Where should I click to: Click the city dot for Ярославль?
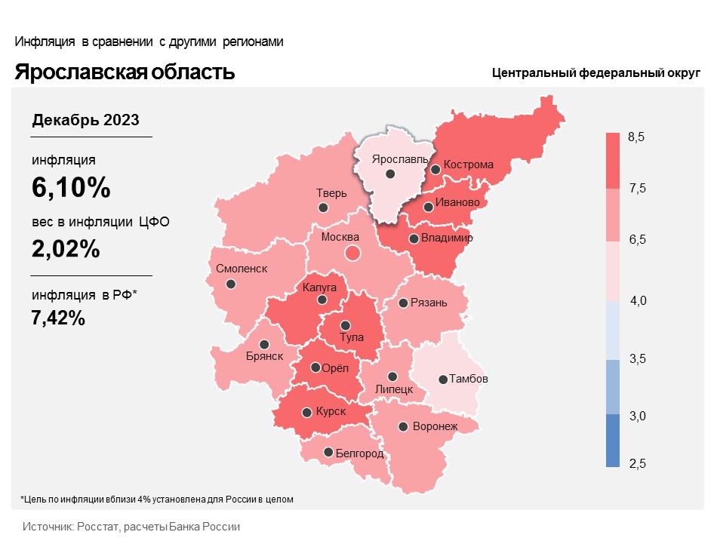pos(390,174)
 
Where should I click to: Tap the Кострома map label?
pos(469,164)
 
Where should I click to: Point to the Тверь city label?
pos(331,192)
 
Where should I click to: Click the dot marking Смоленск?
pos(231,284)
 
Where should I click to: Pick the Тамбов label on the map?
pos(469,379)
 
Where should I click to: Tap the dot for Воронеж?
pos(404,426)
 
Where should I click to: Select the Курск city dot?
pos(306,413)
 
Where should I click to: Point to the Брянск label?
pos(264,356)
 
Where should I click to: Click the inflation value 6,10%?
pos(72,188)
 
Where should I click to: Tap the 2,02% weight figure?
pos(66,249)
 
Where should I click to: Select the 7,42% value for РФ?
pos(58,318)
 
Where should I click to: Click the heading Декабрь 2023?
pos(85,120)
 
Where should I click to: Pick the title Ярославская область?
pos(125,72)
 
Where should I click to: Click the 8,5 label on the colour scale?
pos(636,137)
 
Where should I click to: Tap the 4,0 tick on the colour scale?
pos(639,301)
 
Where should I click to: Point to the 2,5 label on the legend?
pos(637,463)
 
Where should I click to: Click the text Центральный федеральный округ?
pos(596,73)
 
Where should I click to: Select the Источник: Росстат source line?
pos(131,526)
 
